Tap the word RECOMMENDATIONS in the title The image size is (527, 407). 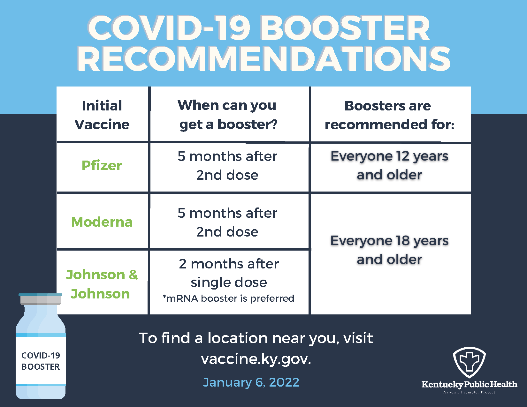[263, 59]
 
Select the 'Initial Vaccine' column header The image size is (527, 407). [102, 115]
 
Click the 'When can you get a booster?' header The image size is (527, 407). [227, 115]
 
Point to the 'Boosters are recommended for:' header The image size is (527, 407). [389, 115]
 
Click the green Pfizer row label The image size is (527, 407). [102, 166]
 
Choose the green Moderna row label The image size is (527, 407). [102, 222]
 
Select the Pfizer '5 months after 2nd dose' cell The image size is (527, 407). [227, 166]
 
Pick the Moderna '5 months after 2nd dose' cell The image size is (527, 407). [227, 222]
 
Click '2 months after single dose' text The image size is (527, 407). [229, 273]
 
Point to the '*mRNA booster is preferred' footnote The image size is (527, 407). [228, 298]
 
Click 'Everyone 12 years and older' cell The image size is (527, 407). [389, 166]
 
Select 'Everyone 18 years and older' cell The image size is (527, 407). [389, 250]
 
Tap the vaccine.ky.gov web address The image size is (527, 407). [256, 359]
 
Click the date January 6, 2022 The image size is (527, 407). [251, 382]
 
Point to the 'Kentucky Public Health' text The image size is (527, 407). [469, 384]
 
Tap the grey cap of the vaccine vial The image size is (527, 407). [41, 300]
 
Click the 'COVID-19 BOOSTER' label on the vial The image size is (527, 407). [41, 361]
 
